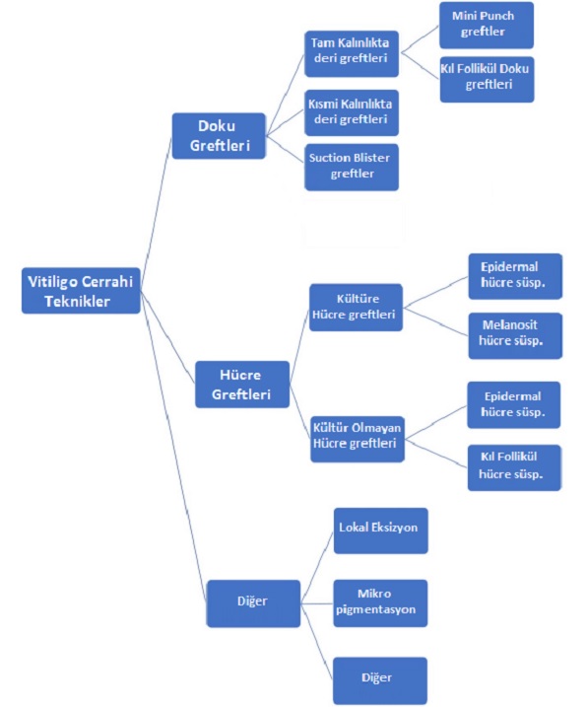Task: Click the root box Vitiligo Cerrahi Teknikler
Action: pos(81,291)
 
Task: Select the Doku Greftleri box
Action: pos(219,136)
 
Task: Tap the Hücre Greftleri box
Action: pos(242,385)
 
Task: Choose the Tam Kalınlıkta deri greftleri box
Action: pos(352,53)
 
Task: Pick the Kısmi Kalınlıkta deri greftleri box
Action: pos(352,112)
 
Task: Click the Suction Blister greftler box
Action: pos(352,167)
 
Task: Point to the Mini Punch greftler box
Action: pos(487,26)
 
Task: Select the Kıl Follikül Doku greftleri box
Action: pos(487,79)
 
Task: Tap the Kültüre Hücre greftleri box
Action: pos(356,308)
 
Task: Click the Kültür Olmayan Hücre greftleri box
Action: pos(358,439)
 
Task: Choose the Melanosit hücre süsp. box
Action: pos(515,336)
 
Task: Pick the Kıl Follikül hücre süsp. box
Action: pos(514,468)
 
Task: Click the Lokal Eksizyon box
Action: pos(381,530)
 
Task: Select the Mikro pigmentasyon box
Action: pos(380,603)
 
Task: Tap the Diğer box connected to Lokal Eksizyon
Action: pos(253,603)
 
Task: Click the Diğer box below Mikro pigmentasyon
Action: pos(380,680)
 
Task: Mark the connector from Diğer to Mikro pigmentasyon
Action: pos(317,603)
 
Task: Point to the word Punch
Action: pos(497,16)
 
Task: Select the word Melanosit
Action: pos(510,325)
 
